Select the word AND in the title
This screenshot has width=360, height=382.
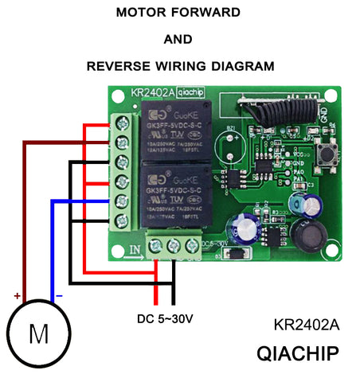[x=178, y=39]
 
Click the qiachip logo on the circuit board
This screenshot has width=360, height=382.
[x=192, y=92]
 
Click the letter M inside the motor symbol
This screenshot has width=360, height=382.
[x=37, y=334]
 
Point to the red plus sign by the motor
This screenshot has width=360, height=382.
[x=16, y=295]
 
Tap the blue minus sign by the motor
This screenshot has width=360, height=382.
[x=59, y=297]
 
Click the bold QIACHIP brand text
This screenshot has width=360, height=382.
[x=298, y=353]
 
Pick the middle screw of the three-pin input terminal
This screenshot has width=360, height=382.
[x=172, y=248]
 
